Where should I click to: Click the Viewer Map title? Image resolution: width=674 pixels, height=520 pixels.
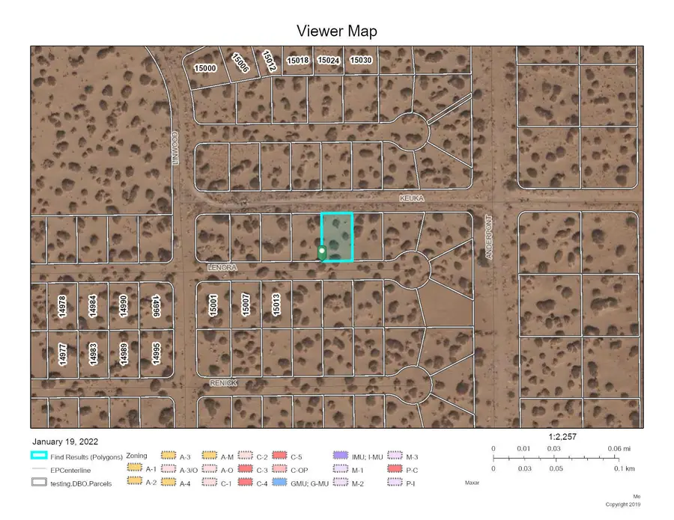(336, 31)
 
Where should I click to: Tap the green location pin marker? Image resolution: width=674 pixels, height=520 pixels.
(322, 253)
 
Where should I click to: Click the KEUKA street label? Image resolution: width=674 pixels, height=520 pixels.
(413, 198)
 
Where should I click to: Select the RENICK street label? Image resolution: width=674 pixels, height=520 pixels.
(223, 382)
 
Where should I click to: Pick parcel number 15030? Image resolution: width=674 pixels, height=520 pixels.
(360, 60)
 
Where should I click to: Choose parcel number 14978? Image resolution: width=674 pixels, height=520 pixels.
(62, 308)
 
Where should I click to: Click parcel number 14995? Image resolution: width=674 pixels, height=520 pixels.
(156, 353)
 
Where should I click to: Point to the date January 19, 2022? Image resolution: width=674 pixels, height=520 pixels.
(65, 441)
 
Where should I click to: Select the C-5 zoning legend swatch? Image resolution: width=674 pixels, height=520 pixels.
(280, 456)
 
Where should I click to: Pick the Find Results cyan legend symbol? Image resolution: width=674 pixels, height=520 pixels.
(40, 455)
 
